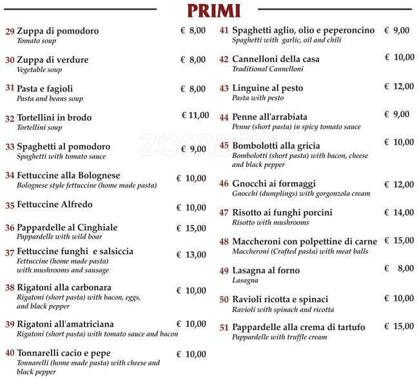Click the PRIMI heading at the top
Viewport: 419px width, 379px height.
[213, 10]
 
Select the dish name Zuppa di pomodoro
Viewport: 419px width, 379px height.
[57, 31]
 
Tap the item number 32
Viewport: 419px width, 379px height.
[10, 119]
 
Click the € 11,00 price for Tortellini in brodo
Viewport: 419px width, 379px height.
[195, 115]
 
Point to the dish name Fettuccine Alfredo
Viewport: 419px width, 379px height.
[54, 205]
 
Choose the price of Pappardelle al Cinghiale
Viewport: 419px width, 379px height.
[192, 228]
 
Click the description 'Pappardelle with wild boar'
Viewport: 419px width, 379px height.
[56, 237]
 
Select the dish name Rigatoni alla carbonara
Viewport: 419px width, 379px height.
[64, 287]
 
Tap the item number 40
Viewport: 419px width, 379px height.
[10, 353]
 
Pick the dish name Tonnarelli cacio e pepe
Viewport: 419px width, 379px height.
[63, 353]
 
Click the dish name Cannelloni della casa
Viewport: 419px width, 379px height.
[275, 59]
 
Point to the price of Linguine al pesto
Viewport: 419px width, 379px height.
[399, 86]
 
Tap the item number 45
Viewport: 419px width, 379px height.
[224, 146]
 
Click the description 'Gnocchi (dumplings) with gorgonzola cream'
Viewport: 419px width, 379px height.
[301, 193]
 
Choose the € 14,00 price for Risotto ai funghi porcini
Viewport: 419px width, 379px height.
[399, 212]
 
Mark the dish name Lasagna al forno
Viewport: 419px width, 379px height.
[266, 271]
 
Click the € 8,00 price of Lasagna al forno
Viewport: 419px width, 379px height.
[399, 269]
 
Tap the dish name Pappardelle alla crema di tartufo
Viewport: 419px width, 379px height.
[298, 327]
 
